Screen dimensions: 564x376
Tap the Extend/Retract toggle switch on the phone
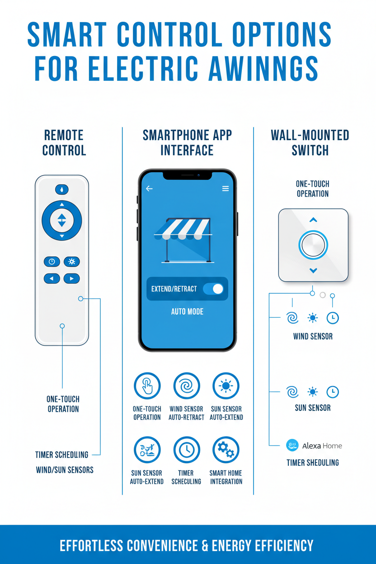click(x=213, y=289)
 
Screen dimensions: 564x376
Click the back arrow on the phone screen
click(x=149, y=188)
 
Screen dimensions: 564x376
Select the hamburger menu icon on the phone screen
click(x=226, y=188)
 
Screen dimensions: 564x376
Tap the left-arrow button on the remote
click(x=52, y=278)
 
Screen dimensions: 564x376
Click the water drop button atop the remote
click(x=62, y=189)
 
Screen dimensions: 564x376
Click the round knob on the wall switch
click(x=313, y=245)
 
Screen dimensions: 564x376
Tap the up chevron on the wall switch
click(x=313, y=220)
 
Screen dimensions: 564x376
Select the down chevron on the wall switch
click(x=313, y=270)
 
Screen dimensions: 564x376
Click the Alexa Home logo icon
click(x=292, y=446)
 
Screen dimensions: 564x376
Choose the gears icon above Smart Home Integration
click(x=226, y=450)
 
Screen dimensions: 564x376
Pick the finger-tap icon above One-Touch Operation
click(x=147, y=386)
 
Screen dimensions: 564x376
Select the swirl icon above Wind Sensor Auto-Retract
click(x=187, y=386)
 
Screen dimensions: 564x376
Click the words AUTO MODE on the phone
click(x=187, y=311)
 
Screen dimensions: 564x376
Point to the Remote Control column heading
click(x=64, y=142)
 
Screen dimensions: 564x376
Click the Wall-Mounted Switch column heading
click(x=310, y=142)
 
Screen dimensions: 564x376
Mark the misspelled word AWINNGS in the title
click(x=262, y=69)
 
